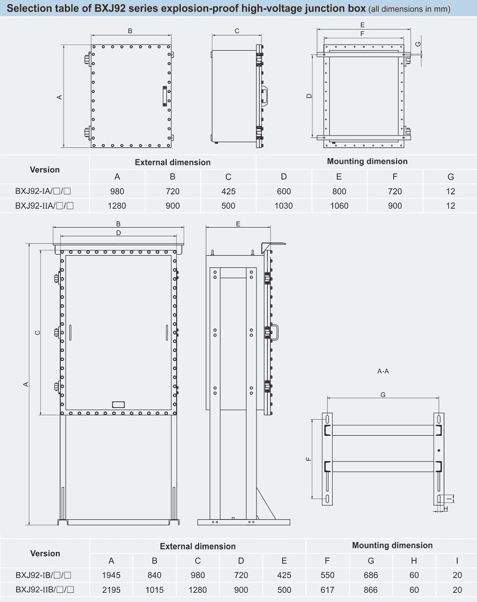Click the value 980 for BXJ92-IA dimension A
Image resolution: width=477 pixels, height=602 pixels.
(117, 191)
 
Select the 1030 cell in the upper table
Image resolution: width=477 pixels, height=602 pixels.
(284, 206)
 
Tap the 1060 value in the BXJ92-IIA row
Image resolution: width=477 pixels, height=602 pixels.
(339, 206)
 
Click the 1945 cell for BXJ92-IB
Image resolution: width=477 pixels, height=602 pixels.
(112, 575)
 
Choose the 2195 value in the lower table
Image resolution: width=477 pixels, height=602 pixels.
(112, 590)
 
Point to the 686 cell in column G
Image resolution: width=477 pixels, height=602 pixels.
(371, 575)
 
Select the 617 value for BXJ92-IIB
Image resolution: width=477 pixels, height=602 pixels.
(327, 590)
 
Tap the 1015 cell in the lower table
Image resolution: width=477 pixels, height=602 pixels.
(155, 590)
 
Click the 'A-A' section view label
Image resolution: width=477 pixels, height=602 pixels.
(383, 371)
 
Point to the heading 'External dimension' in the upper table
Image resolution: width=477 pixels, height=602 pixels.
(172, 163)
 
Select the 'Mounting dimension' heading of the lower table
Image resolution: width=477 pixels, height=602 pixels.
(392, 546)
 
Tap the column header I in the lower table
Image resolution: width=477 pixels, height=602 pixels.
(457, 561)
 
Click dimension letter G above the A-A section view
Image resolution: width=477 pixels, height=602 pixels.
(383, 395)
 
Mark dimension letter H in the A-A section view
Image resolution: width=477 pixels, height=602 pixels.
(446, 509)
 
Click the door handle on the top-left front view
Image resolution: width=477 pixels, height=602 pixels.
(165, 96)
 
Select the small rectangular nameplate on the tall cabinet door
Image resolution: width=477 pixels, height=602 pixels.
(118, 405)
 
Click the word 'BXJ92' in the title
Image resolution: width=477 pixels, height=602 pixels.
(110, 8)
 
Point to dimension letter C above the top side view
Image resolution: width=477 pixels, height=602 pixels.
(237, 31)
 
